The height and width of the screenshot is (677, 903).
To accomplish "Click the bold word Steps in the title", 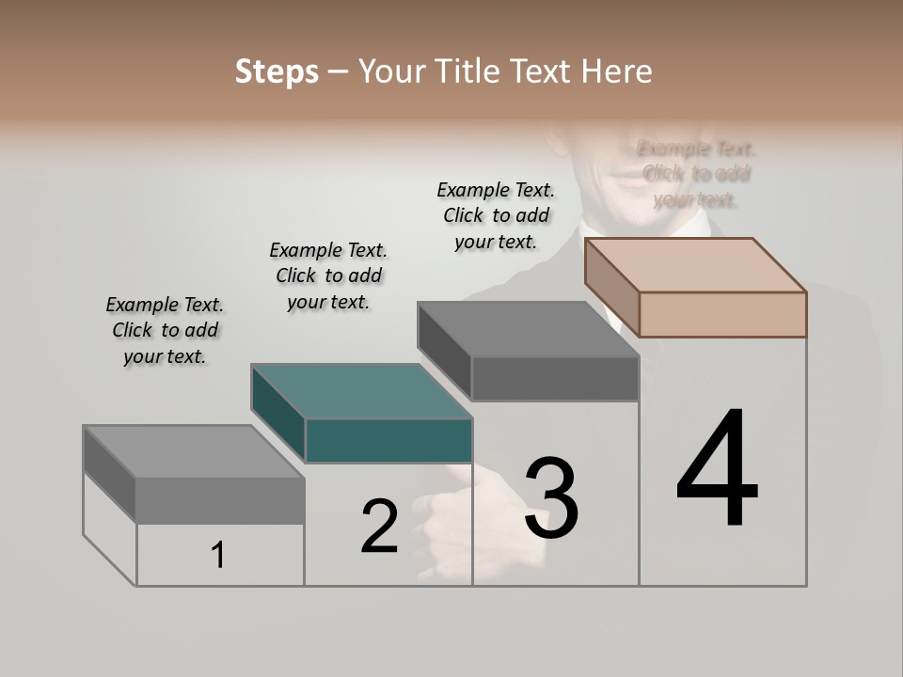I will (277, 71).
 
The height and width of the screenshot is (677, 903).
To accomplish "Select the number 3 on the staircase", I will (551, 498).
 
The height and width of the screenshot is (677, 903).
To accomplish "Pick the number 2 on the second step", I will (379, 527).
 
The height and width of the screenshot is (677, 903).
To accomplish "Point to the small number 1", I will (218, 555).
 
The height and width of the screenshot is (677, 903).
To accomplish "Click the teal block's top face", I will (361, 391).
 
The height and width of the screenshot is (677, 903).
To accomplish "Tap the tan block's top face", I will (695, 264).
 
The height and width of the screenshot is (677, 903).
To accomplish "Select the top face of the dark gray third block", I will (528, 329).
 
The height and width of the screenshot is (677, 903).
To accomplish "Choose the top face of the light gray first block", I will (194, 451).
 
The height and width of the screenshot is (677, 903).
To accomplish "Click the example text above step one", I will (165, 330).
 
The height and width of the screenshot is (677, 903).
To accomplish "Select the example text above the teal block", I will (328, 276).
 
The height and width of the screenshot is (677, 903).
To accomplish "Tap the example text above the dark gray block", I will (496, 215).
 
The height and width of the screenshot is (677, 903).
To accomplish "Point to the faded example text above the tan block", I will (696, 174).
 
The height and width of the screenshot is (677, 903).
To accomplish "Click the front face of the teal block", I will (388, 441).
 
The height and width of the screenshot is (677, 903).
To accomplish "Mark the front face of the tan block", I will (722, 314).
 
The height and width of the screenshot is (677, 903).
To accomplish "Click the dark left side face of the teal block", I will (278, 414).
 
